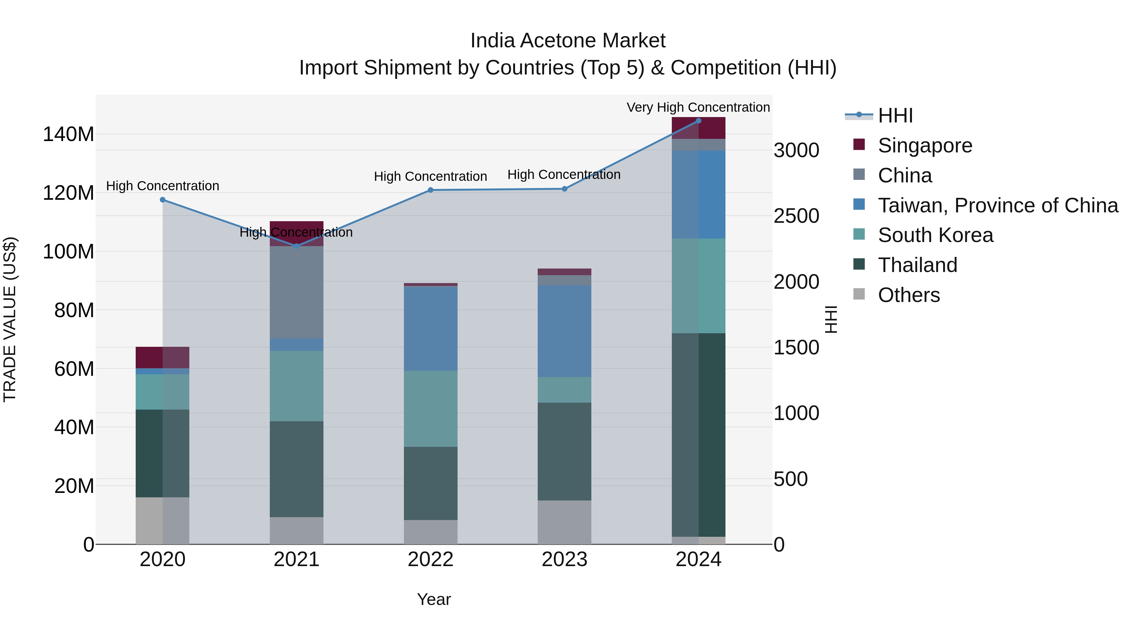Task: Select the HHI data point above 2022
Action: pos(430,190)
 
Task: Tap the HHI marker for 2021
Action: pos(296,246)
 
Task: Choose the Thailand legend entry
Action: pos(917,265)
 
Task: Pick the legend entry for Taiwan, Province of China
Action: pos(997,205)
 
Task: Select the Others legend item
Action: pos(908,295)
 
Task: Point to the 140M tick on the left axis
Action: pos(68,134)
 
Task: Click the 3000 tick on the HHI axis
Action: pos(796,151)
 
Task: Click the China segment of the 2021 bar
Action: pos(296,292)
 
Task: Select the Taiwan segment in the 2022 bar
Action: pos(430,328)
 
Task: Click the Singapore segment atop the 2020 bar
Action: pos(162,357)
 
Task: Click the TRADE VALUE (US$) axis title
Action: pos(10,319)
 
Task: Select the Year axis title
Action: pos(434,599)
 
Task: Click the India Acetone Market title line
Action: pos(568,41)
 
